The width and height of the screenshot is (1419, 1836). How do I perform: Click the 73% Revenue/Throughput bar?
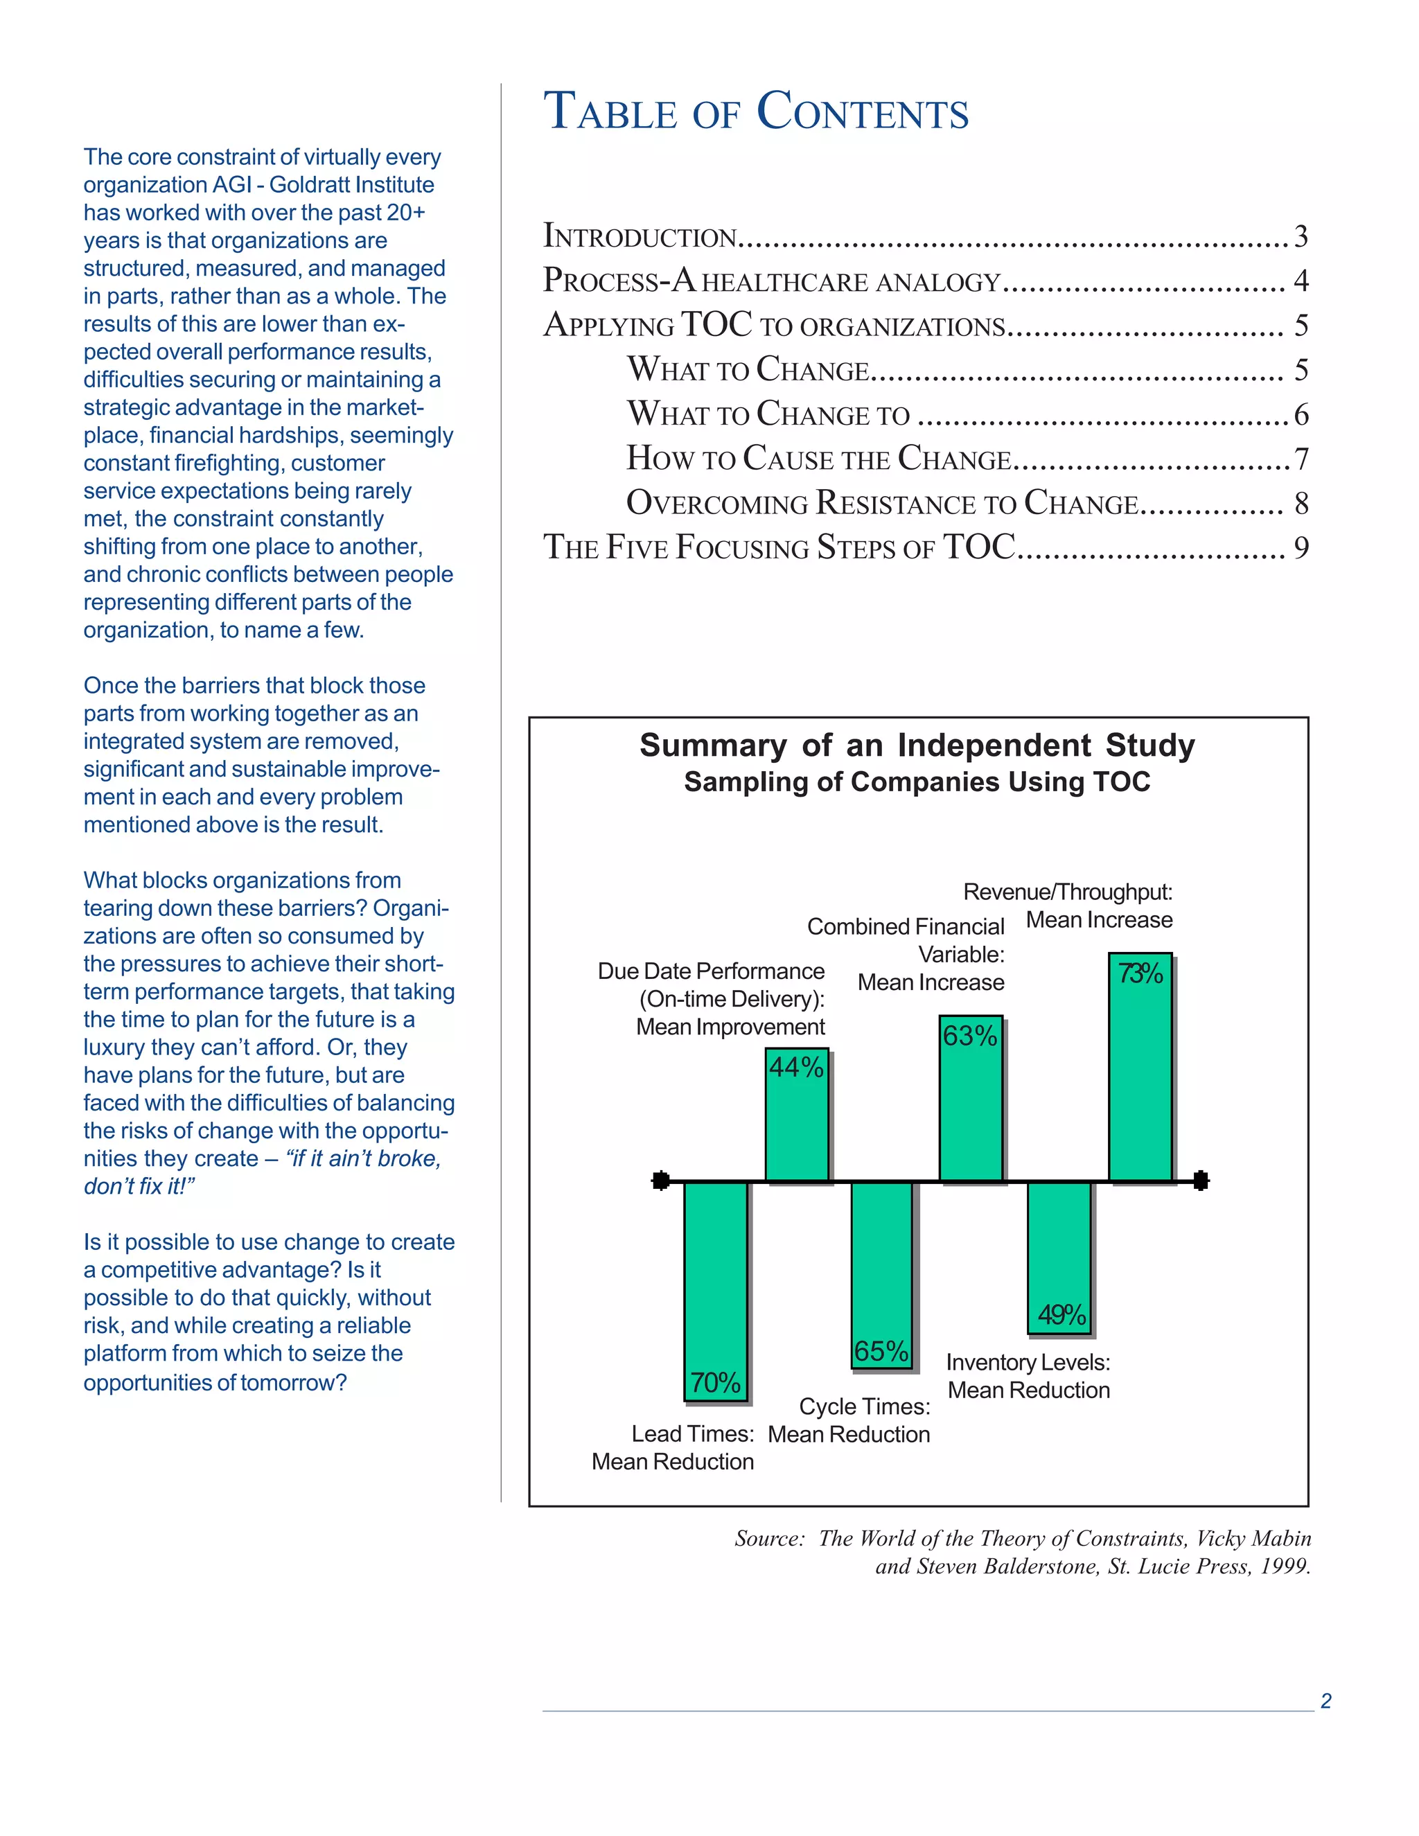[x=1139, y=1068]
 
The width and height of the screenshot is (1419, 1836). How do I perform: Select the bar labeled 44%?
[x=796, y=1115]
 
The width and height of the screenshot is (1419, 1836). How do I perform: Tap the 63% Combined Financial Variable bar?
[x=970, y=1099]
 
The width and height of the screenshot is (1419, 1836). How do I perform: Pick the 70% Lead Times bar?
[x=715, y=1291]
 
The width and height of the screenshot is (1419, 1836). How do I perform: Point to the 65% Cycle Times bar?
[x=881, y=1274]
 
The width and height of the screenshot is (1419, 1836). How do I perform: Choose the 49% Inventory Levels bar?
[x=1059, y=1257]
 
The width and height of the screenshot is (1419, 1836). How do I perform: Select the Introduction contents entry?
[x=640, y=236]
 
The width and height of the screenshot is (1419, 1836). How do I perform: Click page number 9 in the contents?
[x=1301, y=548]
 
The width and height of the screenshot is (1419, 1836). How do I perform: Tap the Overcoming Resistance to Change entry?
[x=882, y=504]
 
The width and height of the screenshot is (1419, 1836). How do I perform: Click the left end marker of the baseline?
[x=661, y=1181]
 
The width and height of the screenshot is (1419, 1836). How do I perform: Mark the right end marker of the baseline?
[x=1201, y=1181]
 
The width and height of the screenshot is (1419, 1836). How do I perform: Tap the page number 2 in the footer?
[x=1325, y=1701]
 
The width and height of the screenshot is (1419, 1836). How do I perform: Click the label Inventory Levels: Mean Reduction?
[x=1028, y=1376]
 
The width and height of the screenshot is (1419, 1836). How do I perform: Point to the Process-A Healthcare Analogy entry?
[x=771, y=281]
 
